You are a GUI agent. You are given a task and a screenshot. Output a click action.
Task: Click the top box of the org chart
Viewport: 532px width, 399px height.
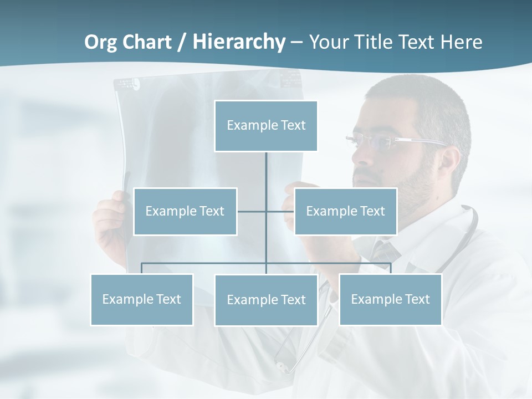click(266, 126)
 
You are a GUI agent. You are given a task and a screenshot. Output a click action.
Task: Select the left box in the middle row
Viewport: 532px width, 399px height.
click(185, 211)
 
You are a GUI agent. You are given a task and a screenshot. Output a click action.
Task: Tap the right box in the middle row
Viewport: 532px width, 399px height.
click(345, 211)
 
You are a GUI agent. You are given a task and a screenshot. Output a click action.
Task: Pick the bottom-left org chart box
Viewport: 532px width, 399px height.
click(142, 299)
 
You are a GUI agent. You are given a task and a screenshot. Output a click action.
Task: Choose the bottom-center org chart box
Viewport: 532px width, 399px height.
click(266, 300)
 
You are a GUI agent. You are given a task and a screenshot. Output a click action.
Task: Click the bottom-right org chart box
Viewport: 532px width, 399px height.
click(390, 299)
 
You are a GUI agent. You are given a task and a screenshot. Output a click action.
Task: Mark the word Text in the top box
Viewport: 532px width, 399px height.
click(293, 125)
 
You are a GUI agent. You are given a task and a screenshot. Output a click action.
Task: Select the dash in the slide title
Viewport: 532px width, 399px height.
click(296, 42)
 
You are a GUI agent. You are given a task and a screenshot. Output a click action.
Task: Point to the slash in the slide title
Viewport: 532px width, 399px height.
click(182, 42)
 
